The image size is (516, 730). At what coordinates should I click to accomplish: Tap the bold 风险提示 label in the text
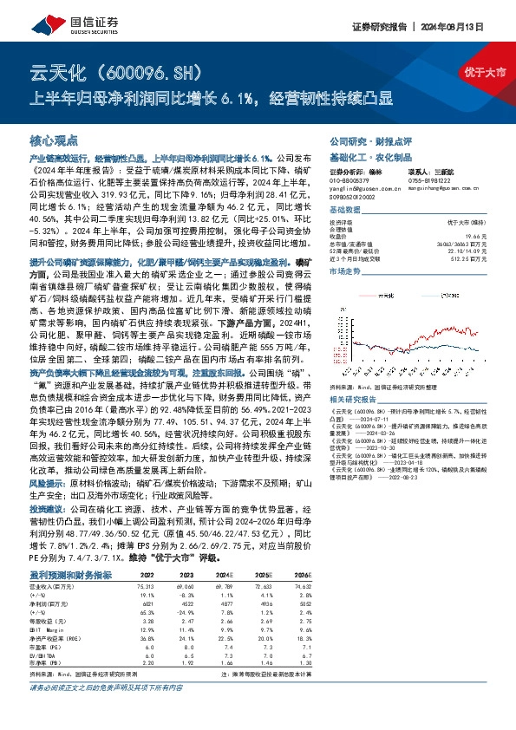46,480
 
